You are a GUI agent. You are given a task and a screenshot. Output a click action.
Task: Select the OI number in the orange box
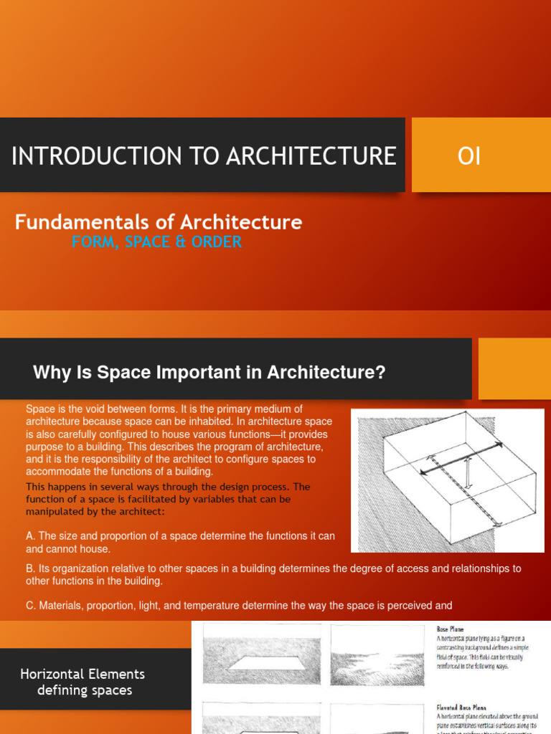pos(469,156)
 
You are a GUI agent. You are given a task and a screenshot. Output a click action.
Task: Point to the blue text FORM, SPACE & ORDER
pos(156,242)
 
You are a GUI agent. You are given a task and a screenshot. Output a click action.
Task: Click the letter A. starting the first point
pos(30,536)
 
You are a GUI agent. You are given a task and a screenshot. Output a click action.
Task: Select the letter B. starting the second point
pos(30,568)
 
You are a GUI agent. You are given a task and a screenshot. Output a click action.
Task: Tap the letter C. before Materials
pos(30,606)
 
